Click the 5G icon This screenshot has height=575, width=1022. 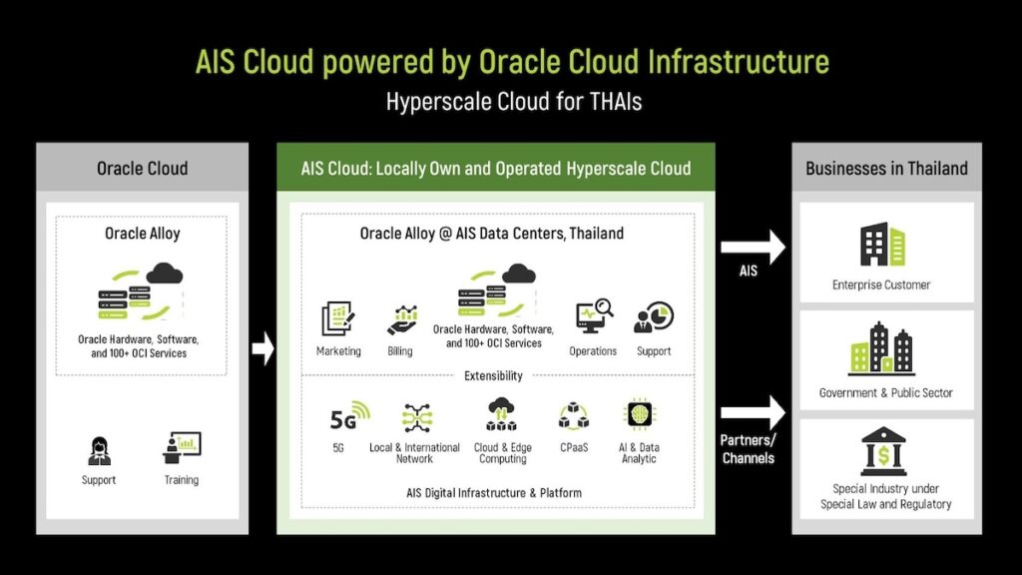tap(350, 416)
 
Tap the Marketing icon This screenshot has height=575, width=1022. tap(338, 318)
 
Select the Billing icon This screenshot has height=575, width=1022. tap(402, 319)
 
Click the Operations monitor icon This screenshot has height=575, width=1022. tap(594, 316)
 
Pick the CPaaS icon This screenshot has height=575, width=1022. tap(574, 416)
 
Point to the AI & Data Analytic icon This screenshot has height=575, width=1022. tap(639, 414)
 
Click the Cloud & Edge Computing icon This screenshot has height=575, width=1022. tap(501, 414)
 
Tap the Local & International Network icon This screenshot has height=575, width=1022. tap(416, 418)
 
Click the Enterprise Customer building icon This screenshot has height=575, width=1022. tap(882, 245)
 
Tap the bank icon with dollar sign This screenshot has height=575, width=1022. tap(883, 451)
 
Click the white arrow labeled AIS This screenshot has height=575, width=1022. tap(753, 248)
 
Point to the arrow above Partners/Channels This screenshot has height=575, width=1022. tap(753, 412)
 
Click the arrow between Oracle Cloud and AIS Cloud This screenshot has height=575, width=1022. tap(262, 348)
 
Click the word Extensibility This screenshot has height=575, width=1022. tap(493, 375)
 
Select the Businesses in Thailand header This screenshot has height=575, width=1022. tap(886, 168)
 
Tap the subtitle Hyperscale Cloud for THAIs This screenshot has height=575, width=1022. tap(514, 102)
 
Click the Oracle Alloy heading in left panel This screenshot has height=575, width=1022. tap(142, 234)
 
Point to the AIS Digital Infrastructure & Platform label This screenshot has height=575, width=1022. tap(494, 493)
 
